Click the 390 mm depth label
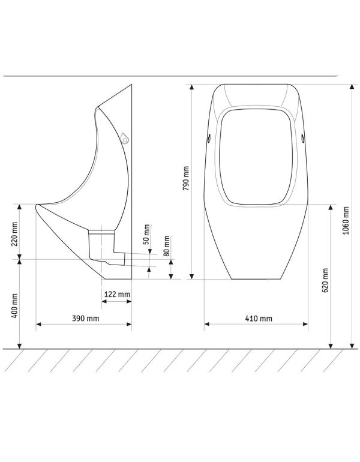pyautogui.click(x=85, y=318)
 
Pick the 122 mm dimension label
pyautogui.click(x=118, y=294)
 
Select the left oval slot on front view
pyautogui.click(x=209, y=138)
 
